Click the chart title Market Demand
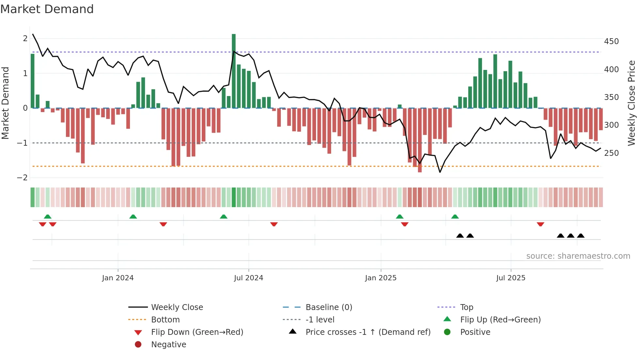point(47,9)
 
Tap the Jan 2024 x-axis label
point(118,278)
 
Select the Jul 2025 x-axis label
point(511,278)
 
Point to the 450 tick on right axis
point(611,41)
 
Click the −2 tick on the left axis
point(23,177)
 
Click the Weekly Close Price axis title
point(632,103)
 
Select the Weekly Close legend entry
point(177,307)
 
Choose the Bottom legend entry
point(165,319)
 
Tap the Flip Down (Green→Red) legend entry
point(197,332)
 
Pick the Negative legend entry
point(168,344)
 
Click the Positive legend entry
point(475,332)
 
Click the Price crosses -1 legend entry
point(368,332)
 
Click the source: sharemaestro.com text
point(578,256)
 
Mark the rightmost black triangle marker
point(581,236)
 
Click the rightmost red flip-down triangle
point(540,224)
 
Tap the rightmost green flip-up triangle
point(455,217)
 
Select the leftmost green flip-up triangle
point(48,217)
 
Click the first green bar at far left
point(33,81)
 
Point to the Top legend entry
point(467,307)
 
